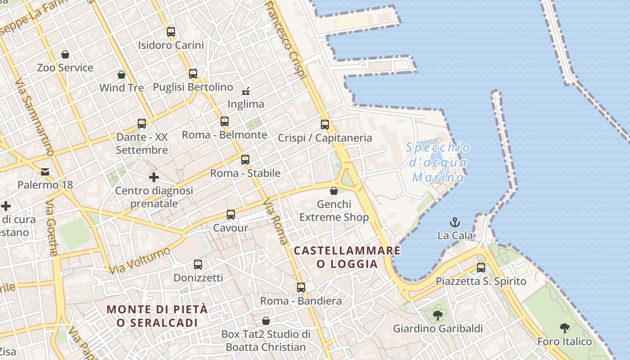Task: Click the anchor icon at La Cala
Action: pyautogui.click(x=455, y=222)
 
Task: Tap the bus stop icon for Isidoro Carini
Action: pyautogui.click(x=171, y=31)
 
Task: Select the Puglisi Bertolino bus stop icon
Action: pyautogui.click(x=193, y=73)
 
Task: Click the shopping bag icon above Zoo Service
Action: pyautogui.click(x=65, y=54)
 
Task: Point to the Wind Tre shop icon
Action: pyautogui.click(x=121, y=74)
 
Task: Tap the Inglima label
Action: pyautogui.click(x=246, y=104)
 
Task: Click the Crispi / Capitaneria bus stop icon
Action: pyautogui.click(x=325, y=125)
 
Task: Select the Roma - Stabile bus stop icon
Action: pyautogui.click(x=245, y=160)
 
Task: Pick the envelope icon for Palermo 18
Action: pyautogui.click(x=45, y=171)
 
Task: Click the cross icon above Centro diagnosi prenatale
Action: pyautogui.click(x=154, y=177)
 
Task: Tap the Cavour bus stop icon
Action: pyautogui.click(x=231, y=215)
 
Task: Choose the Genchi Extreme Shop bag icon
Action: pyautogui.click(x=334, y=191)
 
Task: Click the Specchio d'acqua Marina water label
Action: pyautogui.click(x=438, y=162)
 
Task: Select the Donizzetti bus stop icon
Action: pyautogui.click(x=198, y=265)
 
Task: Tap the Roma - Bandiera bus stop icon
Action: pyautogui.click(x=301, y=288)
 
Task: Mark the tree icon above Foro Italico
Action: pyautogui.click(x=565, y=328)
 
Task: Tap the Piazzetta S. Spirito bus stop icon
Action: pyautogui.click(x=481, y=268)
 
